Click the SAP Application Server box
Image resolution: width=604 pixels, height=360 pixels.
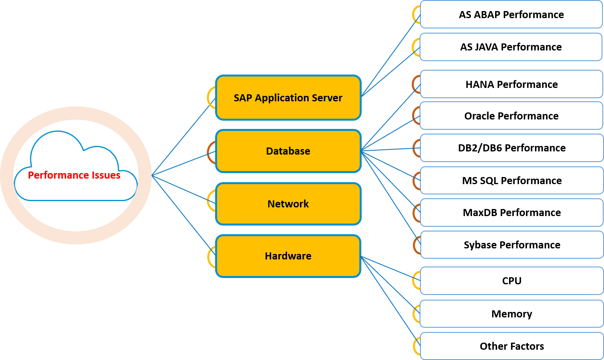[288, 97]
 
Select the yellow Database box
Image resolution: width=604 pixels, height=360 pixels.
[288, 151]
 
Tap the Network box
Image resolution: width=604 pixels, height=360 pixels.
[288, 204]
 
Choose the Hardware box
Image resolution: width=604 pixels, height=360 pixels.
[288, 256]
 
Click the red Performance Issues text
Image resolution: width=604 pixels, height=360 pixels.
[74, 175]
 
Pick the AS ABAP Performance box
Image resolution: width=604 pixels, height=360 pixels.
[511, 15]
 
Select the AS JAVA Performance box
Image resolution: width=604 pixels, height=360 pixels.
[511, 47]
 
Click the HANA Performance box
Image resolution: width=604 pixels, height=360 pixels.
[511, 84]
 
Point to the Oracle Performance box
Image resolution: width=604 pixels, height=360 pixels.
[511, 116]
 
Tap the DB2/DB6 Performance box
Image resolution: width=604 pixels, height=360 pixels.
[511, 148]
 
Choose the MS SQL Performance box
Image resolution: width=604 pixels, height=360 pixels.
[511, 181]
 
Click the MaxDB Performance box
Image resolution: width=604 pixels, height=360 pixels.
[511, 213]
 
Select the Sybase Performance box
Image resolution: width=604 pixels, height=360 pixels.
[511, 245]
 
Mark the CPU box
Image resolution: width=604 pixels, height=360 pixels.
[511, 281]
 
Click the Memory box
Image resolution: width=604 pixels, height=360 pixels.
[511, 314]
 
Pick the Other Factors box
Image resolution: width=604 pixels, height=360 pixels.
[511, 346]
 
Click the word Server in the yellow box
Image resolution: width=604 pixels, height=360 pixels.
[327, 98]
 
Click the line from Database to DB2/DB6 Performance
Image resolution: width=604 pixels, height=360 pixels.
[390, 149]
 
